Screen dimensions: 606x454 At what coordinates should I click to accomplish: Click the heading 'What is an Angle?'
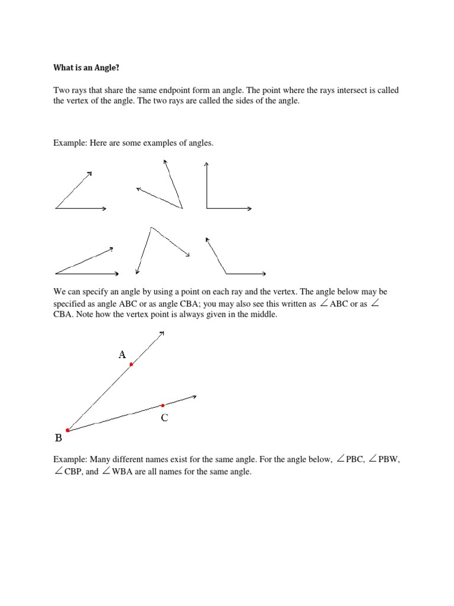coord(86,68)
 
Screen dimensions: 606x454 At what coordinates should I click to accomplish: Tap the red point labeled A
coord(131,365)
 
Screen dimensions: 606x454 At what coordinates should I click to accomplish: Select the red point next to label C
coord(163,405)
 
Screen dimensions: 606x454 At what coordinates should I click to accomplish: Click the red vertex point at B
coord(68,430)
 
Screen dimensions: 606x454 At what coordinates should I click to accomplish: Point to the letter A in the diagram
coord(122,354)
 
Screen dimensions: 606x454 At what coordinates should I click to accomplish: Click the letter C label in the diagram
coord(164,418)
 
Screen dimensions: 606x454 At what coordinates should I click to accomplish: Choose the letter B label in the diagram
coord(59,439)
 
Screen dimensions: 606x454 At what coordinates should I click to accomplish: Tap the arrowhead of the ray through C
coord(194,397)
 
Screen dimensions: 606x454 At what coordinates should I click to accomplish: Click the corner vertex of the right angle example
coord(206,208)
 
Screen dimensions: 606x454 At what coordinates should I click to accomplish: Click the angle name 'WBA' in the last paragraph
coord(123,472)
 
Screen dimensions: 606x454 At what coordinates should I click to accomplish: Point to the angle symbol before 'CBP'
coord(57,472)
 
